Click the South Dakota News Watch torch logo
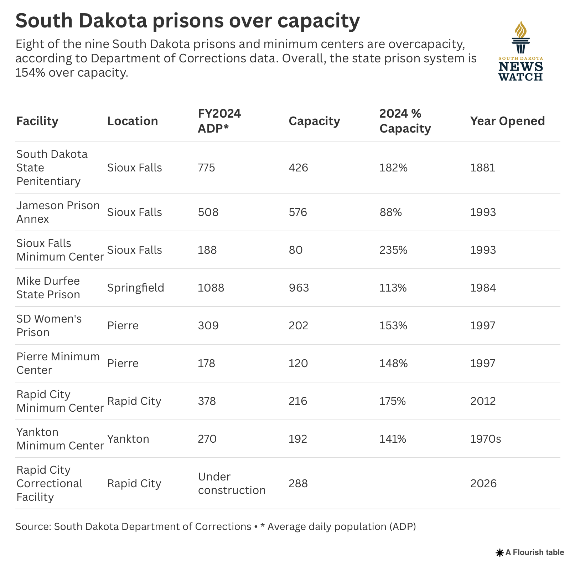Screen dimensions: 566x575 click(x=520, y=51)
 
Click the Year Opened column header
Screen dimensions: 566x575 click(x=507, y=121)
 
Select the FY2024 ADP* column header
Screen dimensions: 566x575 click(x=219, y=121)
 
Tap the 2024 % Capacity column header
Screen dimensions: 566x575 click(x=405, y=121)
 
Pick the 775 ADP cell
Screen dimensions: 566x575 click(x=207, y=168)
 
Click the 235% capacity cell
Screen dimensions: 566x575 click(x=393, y=250)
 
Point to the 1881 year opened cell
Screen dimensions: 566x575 click(x=483, y=168)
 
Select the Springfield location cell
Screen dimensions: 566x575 click(x=135, y=288)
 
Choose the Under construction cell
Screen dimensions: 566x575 click(x=232, y=483)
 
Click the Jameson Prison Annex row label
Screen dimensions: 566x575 click(x=58, y=212)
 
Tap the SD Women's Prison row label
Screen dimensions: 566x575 click(x=49, y=325)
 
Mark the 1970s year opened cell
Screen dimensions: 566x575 click(x=486, y=439)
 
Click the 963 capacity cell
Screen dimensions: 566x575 click(x=299, y=288)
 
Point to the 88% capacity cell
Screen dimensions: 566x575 click(x=390, y=212)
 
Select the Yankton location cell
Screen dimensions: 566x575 click(x=128, y=439)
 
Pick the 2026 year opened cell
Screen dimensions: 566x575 click(x=483, y=483)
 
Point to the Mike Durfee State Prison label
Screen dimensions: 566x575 click(x=48, y=288)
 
